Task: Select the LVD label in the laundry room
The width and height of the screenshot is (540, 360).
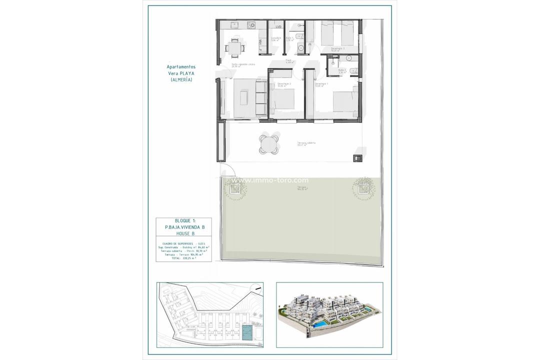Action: [x=278, y=26]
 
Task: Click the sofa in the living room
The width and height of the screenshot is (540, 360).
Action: [x=260, y=98]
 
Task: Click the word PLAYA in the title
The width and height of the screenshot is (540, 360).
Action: [x=186, y=73]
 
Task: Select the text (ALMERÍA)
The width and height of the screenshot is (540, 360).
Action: [x=181, y=80]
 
